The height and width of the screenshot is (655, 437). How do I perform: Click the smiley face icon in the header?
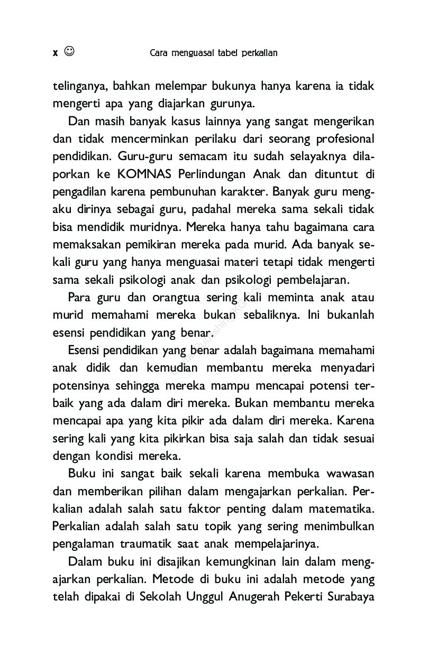click(x=69, y=51)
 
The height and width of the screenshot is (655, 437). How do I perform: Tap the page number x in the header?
click(x=56, y=52)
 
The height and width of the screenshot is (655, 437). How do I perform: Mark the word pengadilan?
click(x=80, y=192)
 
